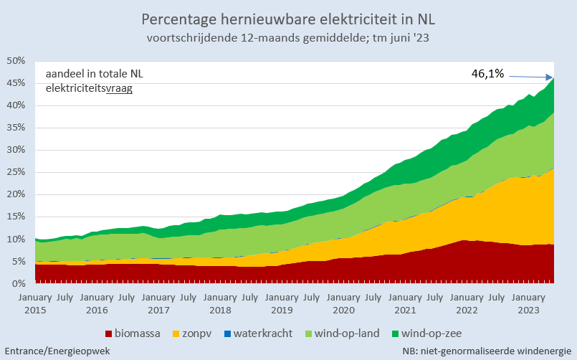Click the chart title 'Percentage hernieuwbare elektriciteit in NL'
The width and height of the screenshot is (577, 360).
pos(288,19)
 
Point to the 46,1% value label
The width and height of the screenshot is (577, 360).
pos(487,73)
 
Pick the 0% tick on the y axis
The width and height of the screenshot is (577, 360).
pos(19,283)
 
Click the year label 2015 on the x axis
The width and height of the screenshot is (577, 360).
pos(35,310)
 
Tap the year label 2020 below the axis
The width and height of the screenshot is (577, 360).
pos(343,310)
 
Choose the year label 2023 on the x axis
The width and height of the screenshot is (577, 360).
pos(528,310)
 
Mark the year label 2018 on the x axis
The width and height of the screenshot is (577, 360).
pos(220,310)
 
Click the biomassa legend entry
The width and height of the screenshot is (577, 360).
pos(133,333)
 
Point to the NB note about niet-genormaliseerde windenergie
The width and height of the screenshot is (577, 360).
pos(485,351)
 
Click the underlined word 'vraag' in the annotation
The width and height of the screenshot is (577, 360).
pos(119,88)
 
